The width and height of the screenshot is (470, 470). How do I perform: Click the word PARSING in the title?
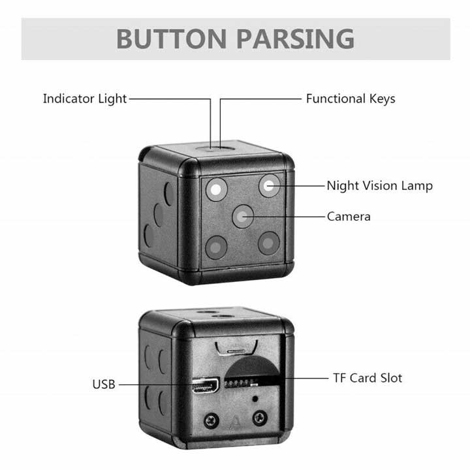[296, 39]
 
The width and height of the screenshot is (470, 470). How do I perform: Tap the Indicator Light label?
[85, 99]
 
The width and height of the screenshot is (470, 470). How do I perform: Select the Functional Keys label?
[351, 99]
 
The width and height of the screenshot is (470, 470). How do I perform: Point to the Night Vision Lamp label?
[379, 186]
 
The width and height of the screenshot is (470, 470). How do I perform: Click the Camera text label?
[349, 217]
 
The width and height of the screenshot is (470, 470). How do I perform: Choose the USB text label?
[104, 384]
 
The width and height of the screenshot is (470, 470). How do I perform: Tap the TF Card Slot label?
[368, 378]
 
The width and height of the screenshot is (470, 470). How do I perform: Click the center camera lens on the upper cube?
[243, 216]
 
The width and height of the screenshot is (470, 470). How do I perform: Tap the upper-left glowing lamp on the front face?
[216, 189]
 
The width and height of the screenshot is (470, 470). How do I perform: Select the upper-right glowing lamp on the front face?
[269, 186]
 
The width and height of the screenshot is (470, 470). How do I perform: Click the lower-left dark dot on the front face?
[216, 247]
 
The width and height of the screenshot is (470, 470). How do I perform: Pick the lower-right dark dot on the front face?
[268, 243]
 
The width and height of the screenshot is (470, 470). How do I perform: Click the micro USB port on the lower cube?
[206, 386]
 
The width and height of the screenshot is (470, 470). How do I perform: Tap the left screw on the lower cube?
[211, 421]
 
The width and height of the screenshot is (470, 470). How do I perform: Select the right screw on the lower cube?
[260, 418]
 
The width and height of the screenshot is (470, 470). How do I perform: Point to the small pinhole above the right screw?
[255, 399]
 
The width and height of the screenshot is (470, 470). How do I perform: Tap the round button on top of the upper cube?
[215, 148]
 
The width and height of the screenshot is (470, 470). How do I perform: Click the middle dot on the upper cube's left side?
[159, 215]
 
